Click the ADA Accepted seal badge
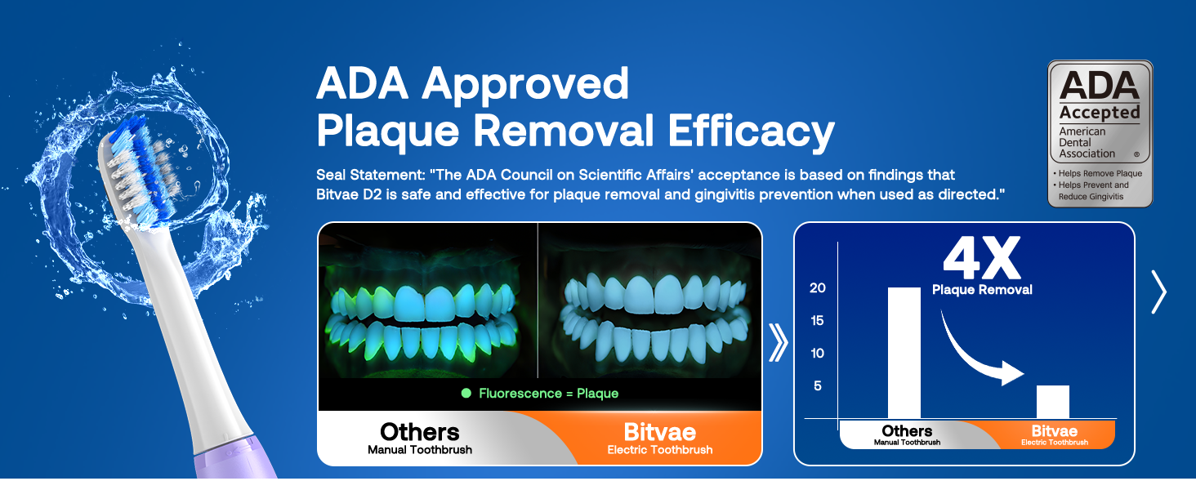point(1100,133)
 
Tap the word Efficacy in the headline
point(751,131)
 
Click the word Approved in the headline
point(525,84)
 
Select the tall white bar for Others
point(904,353)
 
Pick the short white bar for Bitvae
point(1052,402)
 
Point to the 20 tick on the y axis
point(818,288)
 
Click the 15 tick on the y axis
point(818,321)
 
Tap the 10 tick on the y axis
point(818,354)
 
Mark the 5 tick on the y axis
point(818,386)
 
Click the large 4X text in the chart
point(982,258)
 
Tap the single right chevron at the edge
point(1158,292)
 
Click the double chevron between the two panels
point(779,343)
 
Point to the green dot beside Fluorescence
point(466,394)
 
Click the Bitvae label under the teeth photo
point(660,432)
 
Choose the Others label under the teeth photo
point(420,432)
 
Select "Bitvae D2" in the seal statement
point(349,194)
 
